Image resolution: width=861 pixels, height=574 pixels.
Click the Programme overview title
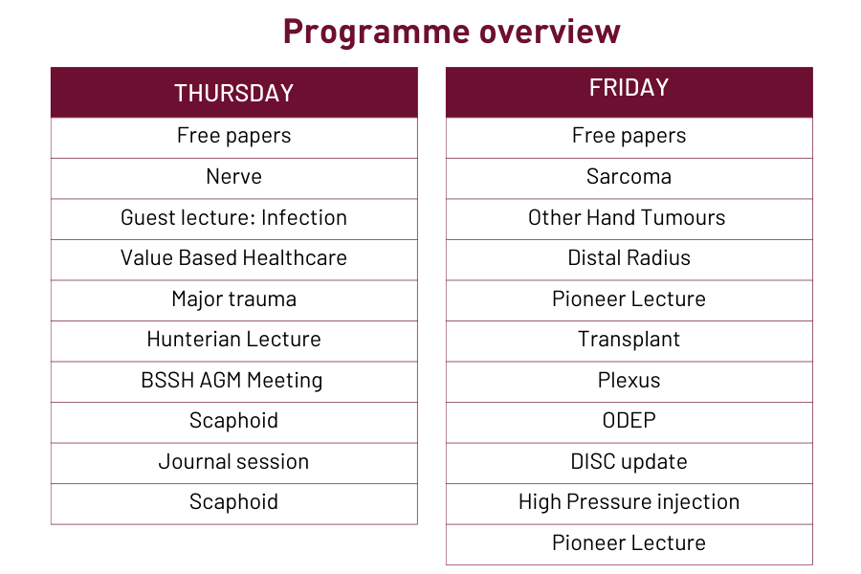pos(452,32)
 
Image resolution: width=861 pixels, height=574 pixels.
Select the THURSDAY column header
pos(234,93)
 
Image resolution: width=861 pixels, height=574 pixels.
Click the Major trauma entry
pos(234,298)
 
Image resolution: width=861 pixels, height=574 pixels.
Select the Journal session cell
pos(234,461)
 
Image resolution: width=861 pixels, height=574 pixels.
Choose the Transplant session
pos(629,340)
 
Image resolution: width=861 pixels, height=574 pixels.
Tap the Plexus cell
pos(629,380)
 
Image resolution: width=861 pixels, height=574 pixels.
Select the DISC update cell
pos(629,461)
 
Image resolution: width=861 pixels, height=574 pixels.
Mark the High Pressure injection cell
pos(629,502)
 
